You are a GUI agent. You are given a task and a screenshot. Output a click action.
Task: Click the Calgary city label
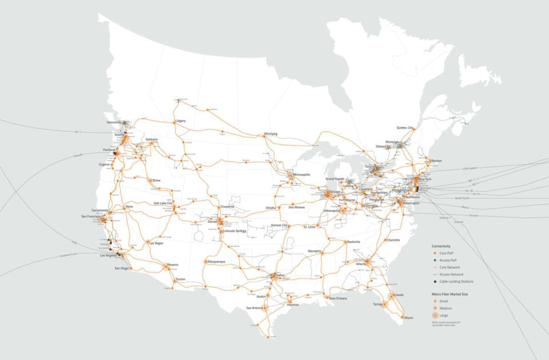tap(181, 121)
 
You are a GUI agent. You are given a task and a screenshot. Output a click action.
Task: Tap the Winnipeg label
tap(270, 134)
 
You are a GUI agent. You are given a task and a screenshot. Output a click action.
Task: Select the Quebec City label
tap(405, 128)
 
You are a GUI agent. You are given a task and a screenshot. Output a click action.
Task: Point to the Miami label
tap(408, 318)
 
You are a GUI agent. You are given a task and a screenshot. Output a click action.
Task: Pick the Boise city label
tap(156, 180)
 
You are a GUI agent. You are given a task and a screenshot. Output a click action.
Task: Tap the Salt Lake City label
tap(163, 203)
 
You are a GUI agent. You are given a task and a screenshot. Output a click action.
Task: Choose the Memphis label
tap(315, 251)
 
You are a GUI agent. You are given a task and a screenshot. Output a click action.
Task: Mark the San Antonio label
tap(255, 308)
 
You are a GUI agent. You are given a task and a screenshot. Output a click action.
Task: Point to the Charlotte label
tap(392, 240)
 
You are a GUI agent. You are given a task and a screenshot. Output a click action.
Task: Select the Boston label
tap(437, 161)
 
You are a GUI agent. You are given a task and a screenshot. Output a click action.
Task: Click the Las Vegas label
tap(156, 243)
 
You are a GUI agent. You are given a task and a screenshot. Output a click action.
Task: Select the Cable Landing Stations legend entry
tap(456, 282)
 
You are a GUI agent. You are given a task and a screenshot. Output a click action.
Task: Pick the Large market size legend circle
tap(436, 315)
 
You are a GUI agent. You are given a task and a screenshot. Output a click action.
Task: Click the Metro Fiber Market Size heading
tap(451, 293)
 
